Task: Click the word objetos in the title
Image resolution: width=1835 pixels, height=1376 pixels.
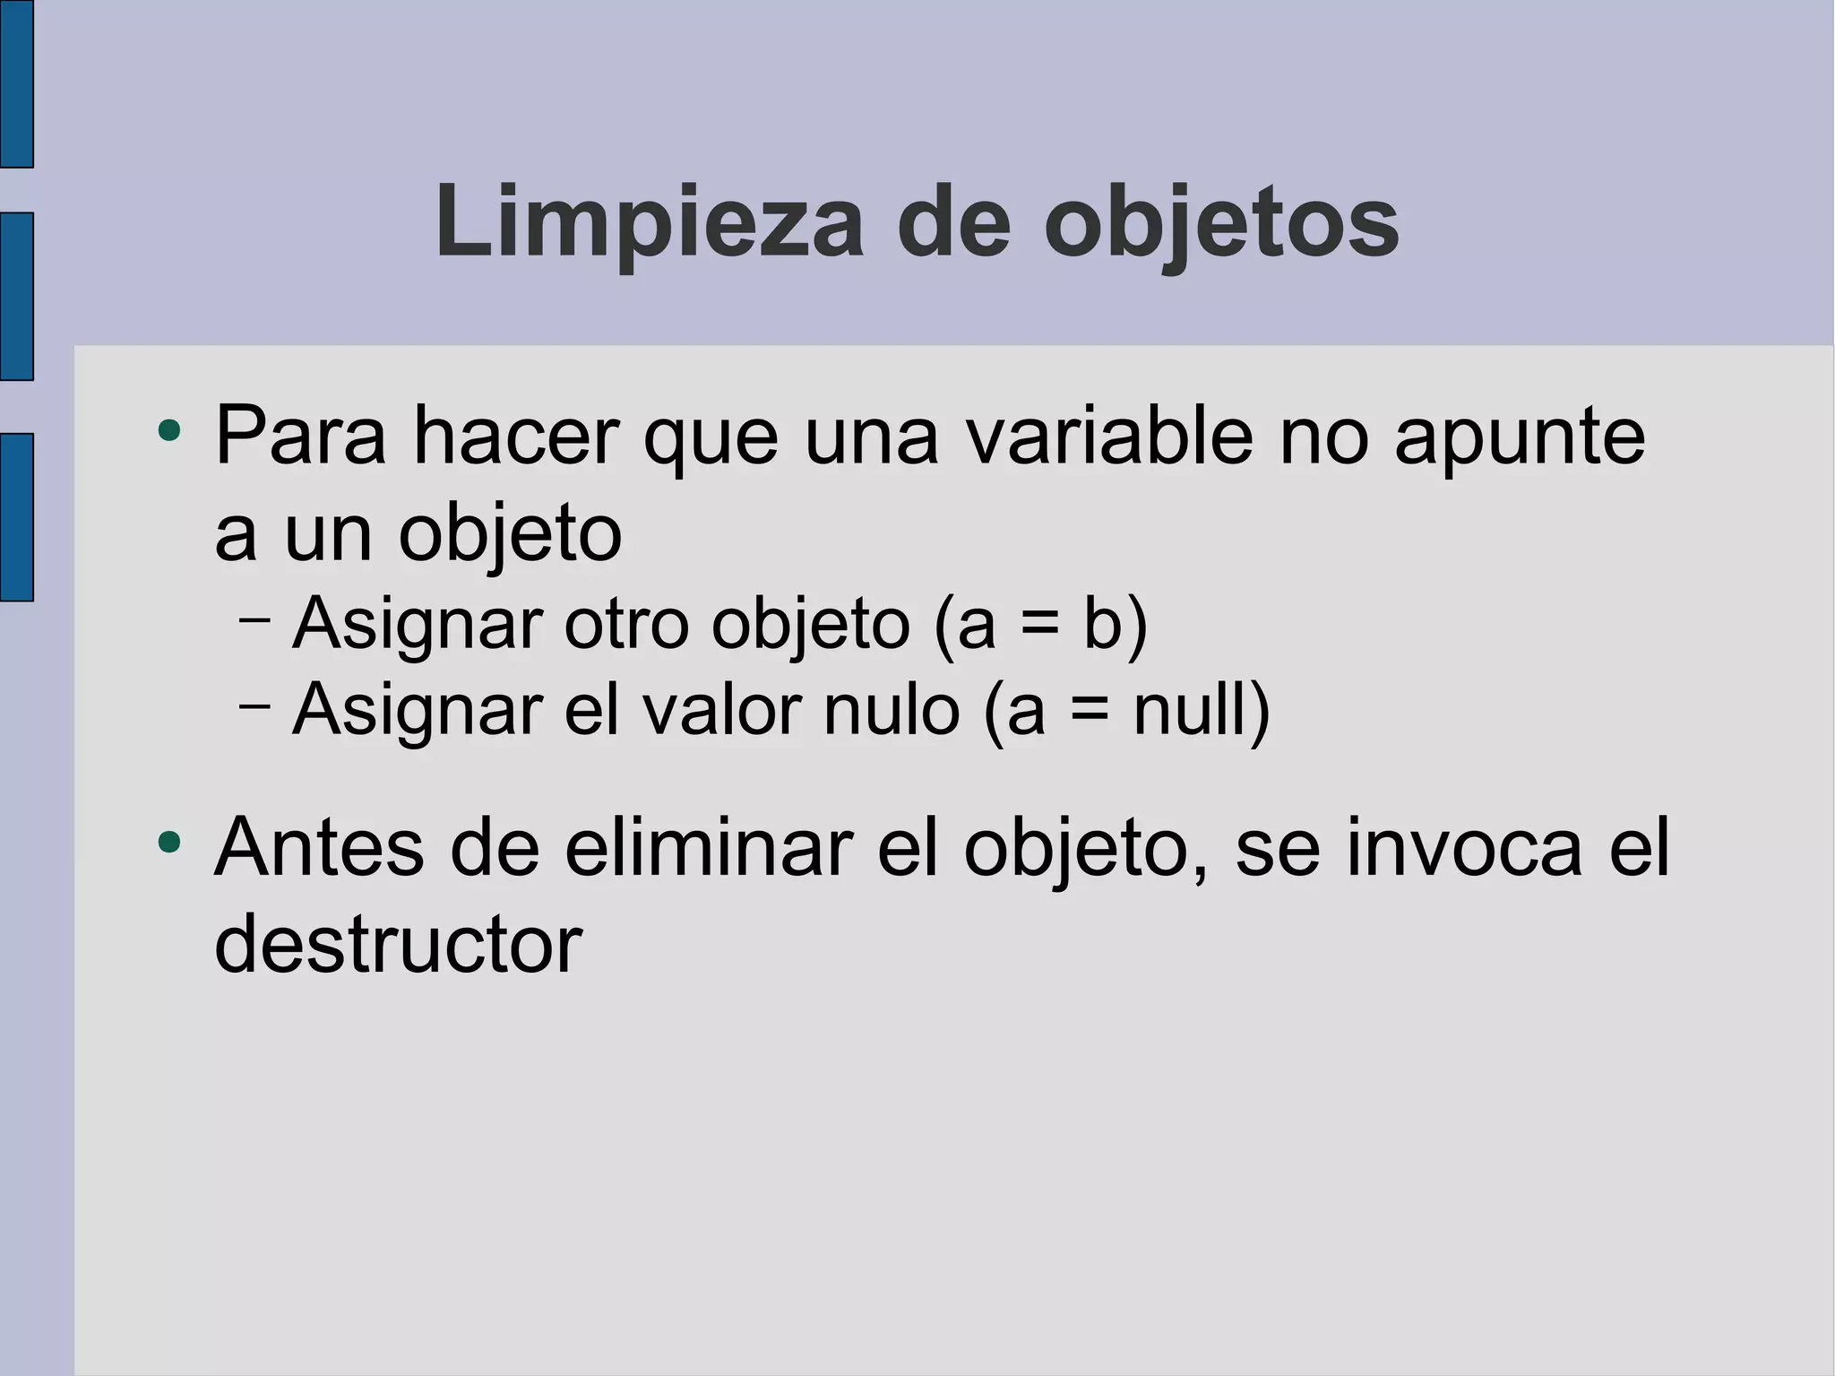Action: click(1220, 222)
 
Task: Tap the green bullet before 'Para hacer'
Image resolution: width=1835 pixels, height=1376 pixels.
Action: click(168, 431)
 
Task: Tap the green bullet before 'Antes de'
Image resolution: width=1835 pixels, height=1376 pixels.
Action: click(168, 843)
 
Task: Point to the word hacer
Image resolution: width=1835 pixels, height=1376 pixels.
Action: click(515, 437)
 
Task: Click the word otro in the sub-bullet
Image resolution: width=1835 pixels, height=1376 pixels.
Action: click(626, 624)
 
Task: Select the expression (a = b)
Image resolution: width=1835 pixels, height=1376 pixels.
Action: click(1040, 625)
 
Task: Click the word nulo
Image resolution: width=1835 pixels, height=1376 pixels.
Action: click(892, 710)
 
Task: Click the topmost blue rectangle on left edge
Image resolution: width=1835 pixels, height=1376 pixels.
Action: click(16, 83)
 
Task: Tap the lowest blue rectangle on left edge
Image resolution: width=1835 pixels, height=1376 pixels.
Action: click(16, 516)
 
